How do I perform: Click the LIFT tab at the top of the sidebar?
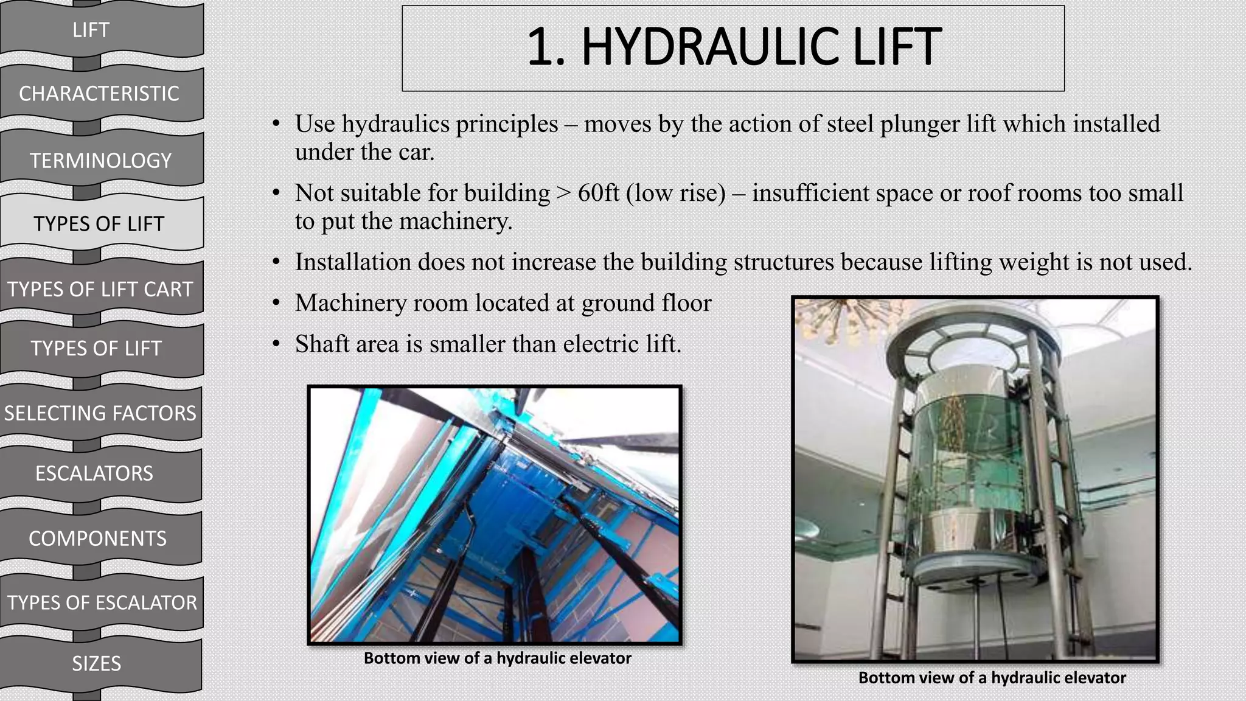point(91,30)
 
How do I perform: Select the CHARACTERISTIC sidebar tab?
point(99,94)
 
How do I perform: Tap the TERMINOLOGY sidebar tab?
point(101,161)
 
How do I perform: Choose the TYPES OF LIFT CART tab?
point(100,289)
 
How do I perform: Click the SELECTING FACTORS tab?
point(100,413)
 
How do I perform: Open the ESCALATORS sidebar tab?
point(94,473)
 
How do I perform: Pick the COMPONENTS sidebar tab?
point(97,539)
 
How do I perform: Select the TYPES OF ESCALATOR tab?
point(102,602)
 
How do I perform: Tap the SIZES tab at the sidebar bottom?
point(96,663)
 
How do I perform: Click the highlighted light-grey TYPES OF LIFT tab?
point(99,224)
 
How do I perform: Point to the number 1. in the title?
point(545,47)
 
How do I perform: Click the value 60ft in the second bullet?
point(598,194)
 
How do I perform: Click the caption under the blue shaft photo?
point(497,658)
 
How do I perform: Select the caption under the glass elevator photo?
point(992,678)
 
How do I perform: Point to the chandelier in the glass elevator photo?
point(827,319)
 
